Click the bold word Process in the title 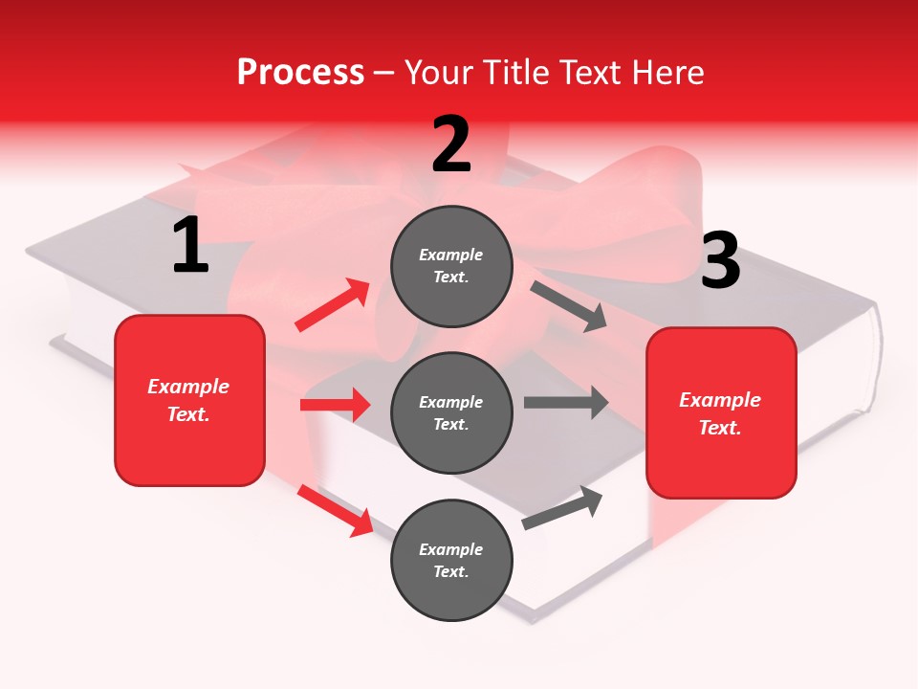pos(300,73)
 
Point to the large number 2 pos(451,144)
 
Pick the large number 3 pos(720,261)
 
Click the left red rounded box pos(189,400)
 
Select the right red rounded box pos(721,412)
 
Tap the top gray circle pos(451,266)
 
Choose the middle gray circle pos(451,412)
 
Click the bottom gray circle pos(451,560)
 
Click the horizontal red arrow pos(335,405)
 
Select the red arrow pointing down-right pos(335,510)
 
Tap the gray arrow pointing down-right pos(569,306)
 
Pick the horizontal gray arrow pos(565,403)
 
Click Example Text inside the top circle pos(451,266)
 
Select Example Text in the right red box pos(721,413)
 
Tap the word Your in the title pos(437,73)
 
